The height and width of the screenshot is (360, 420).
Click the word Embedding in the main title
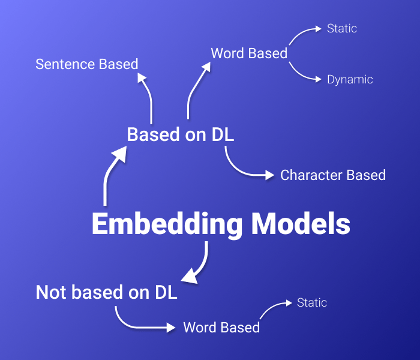(167, 224)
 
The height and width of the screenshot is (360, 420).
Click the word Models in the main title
(301, 224)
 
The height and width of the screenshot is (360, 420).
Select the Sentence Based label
(87, 64)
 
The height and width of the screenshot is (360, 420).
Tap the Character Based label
(333, 175)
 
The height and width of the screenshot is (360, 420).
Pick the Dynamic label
(350, 80)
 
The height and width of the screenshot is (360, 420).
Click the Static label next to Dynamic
(342, 28)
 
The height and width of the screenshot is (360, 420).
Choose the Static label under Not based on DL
(312, 302)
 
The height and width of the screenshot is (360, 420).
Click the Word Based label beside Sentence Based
(249, 53)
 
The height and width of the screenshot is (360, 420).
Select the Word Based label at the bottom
(221, 328)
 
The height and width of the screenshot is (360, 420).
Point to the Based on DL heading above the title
(180, 135)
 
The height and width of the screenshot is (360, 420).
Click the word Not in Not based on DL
(52, 292)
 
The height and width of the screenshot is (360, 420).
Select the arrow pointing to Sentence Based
(146, 96)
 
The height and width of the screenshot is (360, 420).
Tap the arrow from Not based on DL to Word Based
(138, 324)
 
